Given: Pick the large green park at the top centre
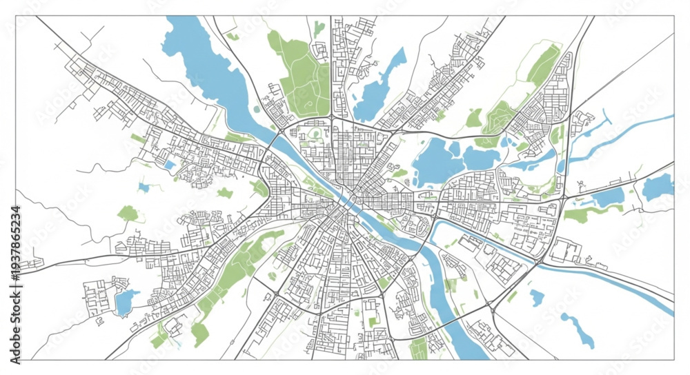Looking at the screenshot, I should pos(300,72).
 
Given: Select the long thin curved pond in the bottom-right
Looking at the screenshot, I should pos(578,329).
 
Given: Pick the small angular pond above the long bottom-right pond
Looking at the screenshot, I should pos(537,297).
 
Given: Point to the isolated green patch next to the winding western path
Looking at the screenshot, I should pos(128,213).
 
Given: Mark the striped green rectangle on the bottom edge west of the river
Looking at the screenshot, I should pos(418,349).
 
